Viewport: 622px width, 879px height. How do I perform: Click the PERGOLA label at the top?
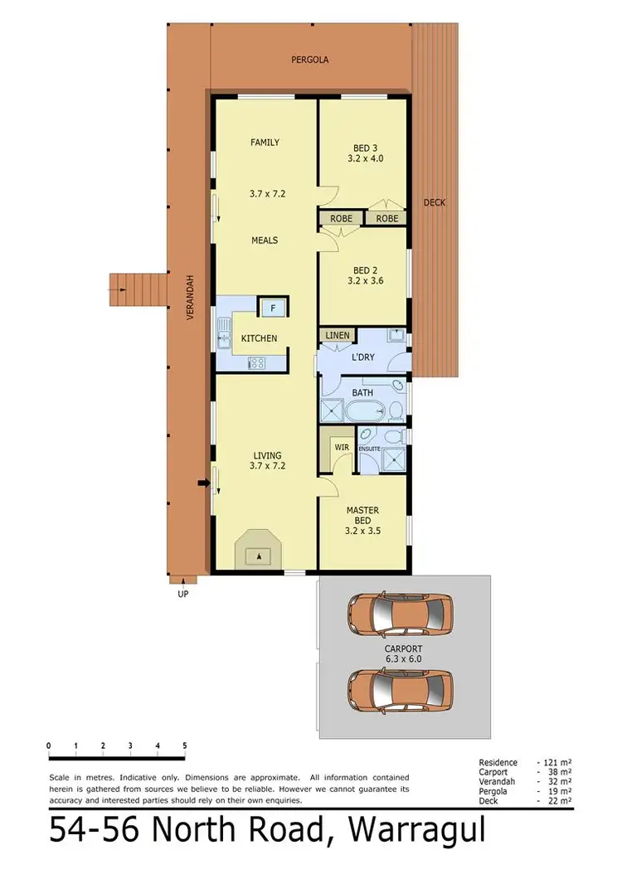[x=309, y=60]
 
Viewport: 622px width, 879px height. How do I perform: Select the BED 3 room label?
[x=362, y=149]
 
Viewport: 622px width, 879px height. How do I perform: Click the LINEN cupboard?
[x=338, y=335]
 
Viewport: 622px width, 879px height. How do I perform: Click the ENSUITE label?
[x=369, y=449]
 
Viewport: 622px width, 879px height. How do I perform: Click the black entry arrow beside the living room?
[x=202, y=483]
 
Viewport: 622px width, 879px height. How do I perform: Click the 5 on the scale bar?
[x=184, y=746]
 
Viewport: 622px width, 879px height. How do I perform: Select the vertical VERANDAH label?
[x=190, y=298]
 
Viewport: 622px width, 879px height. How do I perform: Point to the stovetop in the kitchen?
[x=257, y=362]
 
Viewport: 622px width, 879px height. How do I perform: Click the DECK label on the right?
[x=435, y=202]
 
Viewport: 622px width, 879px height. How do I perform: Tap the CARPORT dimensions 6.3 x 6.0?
[x=404, y=658]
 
